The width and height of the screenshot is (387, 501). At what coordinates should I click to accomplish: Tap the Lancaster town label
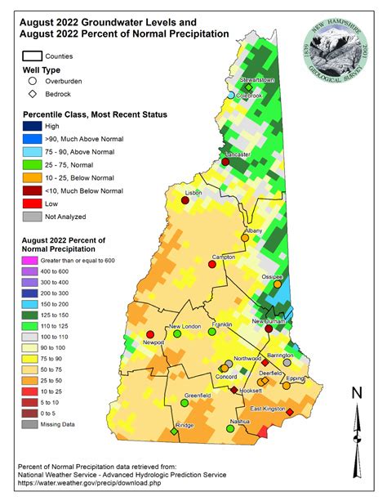238,154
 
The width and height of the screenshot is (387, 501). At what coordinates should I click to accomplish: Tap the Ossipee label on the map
271,276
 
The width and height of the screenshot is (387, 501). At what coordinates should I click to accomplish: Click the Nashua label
239,421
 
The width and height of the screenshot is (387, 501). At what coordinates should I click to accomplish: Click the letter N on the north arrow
355,393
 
